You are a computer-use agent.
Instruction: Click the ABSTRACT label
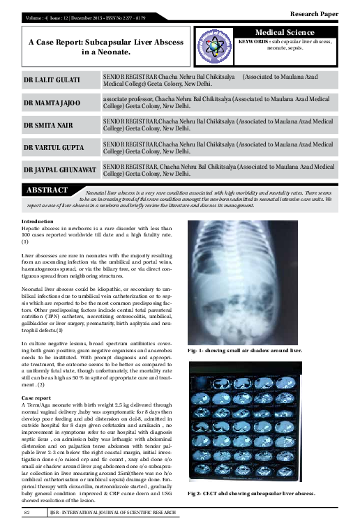click(x=46, y=190)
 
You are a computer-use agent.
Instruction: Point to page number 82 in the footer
click(x=29, y=513)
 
